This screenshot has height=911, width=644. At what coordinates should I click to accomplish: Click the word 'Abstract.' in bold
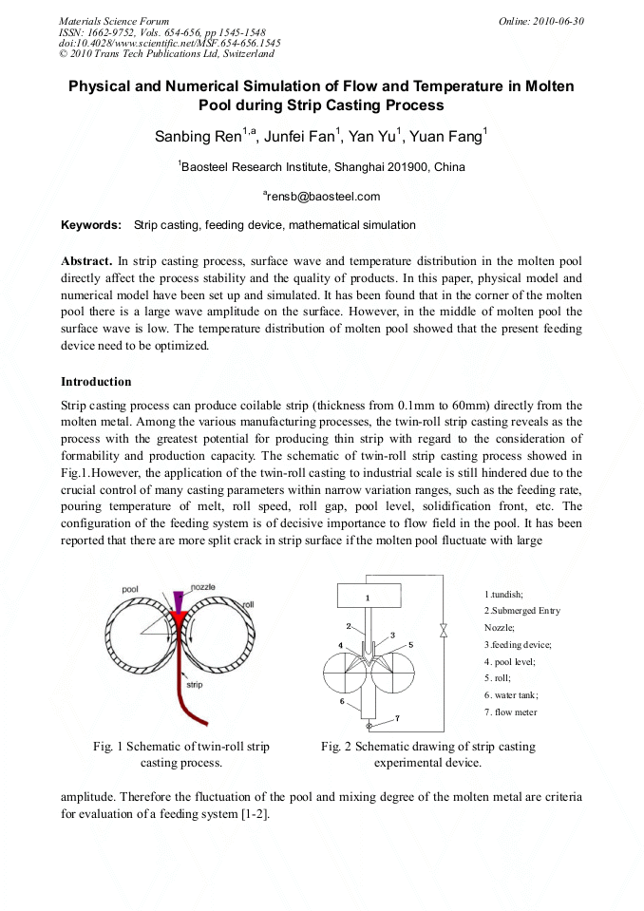pyautogui.click(x=87, y=259)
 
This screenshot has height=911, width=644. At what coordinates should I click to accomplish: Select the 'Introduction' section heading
pyautogui.click(x=96, y=382)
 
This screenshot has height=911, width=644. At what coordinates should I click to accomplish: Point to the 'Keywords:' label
pyautogui.click(x=91, y=225)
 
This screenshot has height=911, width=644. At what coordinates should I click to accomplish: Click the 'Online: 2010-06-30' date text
pyautogui.click(x=541, y=21)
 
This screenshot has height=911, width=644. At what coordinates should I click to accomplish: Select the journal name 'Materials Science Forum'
pyautogui.click(x=114, y=21)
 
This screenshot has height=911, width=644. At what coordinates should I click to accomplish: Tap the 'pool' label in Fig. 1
pyautogui.click(x=130, y=590)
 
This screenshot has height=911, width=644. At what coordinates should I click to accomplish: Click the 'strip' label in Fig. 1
pyautogui.click(x=194, y=685)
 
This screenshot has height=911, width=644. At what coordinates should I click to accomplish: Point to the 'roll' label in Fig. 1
pyautogui.click(x=248, y=604)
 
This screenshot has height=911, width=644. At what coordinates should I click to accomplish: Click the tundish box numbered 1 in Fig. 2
pyautogui.click(x=368, y=598)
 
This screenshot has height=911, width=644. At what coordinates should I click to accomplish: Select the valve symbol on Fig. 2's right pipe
pyautogui.click(x=442, y=630)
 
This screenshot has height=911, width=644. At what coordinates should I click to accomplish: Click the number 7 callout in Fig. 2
pyautogui.click(x=397, y=717)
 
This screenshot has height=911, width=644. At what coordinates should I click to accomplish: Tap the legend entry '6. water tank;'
pyautogui.click(x=511, y=695)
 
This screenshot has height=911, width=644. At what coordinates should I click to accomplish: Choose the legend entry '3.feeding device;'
pyautogui.click(x=518, y=645)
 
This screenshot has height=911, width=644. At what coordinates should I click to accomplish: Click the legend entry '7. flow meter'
pyautogui.click(x=511, y=712)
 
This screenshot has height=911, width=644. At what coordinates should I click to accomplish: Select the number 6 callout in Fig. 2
pyautogui.click(x=341, y=701)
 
